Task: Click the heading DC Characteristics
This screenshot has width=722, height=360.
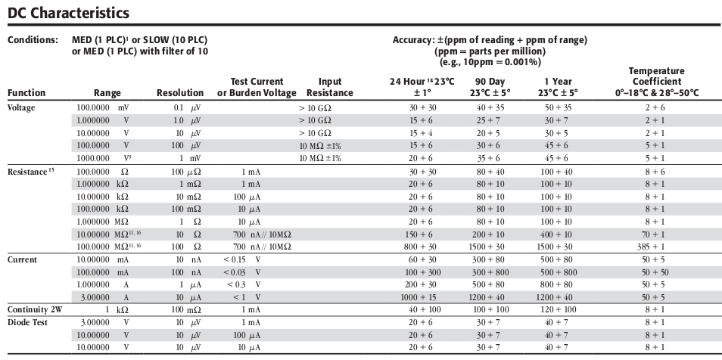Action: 69,13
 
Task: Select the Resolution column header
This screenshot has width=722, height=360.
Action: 180,92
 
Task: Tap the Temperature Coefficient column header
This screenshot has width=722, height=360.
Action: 657,82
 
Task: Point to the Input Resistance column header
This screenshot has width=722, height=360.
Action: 330,87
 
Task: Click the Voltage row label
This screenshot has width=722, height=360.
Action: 21,107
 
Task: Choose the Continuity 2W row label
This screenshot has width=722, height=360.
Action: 35,309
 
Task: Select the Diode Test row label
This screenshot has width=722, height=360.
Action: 28,322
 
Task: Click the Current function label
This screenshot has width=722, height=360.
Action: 22,259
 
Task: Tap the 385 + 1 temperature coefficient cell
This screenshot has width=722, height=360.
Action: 654,247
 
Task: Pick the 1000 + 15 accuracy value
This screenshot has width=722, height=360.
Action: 423,297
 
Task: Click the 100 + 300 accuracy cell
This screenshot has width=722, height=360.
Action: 423,272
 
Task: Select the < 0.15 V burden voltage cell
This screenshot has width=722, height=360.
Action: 242,259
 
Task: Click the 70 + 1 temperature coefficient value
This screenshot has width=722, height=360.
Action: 655,234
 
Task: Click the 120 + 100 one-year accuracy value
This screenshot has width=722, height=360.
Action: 558,309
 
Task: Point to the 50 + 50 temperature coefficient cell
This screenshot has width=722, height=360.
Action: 655,272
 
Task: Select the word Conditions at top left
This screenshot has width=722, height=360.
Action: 33,39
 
